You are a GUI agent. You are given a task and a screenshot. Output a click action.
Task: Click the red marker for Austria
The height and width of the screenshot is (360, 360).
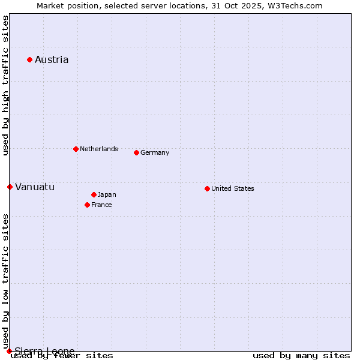[x=29, y=59]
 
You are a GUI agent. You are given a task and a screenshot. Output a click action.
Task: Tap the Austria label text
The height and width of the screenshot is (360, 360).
[x=52, y=59]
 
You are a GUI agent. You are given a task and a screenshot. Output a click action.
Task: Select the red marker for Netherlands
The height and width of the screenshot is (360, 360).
[x=76, y=149]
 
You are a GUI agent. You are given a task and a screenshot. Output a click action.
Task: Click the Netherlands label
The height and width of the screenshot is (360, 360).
[x=99, y=149]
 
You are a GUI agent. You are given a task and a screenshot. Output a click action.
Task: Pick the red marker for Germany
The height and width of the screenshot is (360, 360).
[x=136, y=152]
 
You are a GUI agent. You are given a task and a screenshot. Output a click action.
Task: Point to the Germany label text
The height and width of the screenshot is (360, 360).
[x=155, y=152]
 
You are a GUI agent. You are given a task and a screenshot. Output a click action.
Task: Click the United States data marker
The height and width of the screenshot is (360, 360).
[x=207, y=188]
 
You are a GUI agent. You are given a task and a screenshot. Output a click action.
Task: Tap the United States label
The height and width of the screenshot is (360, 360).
[x=233, y=188]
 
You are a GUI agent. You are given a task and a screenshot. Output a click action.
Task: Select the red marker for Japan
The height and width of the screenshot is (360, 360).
[x=94, y=194]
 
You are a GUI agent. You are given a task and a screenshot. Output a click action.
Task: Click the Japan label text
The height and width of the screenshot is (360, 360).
[x=107, y=194]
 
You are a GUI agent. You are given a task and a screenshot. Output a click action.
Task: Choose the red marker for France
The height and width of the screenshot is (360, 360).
[x=87, y=205]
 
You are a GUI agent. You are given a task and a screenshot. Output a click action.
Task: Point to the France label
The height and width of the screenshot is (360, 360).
[x=101, y=205]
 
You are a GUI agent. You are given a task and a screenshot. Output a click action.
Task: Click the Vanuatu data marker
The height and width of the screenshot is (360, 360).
[x=10, y=187]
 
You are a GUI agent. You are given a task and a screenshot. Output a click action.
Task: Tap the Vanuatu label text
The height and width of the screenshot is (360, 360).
[x=35, y=187]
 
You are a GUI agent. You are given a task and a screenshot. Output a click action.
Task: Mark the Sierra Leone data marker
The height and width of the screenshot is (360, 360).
[x=9, y=351]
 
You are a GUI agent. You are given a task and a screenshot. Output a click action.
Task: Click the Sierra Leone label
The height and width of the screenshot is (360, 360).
[x=45, y=351]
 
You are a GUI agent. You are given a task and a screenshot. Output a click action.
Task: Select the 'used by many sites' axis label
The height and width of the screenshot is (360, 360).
[x=301, y=355]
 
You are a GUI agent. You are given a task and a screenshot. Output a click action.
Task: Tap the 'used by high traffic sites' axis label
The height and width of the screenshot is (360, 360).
[x=5, y=85]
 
